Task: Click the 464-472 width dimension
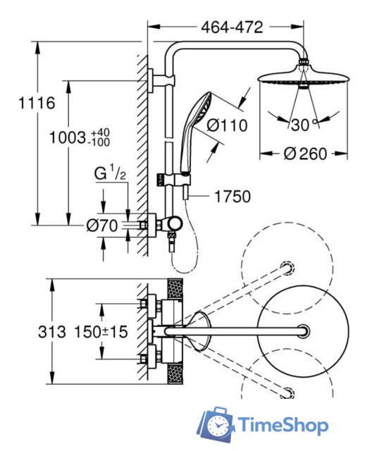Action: (232, 27)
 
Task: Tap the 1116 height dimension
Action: (37, 103)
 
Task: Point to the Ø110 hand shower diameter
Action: (228, 125)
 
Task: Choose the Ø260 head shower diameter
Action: (306, 154)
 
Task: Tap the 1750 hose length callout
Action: (233, 197)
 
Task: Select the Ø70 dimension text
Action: (102, 225)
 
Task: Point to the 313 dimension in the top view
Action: (52, 333)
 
